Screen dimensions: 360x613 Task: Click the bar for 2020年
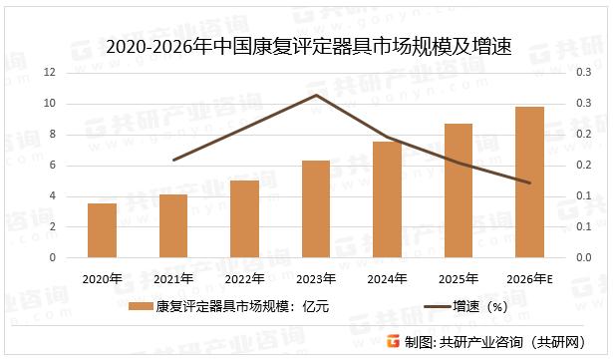[102, 230]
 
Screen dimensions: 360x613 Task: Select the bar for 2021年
[173, 225]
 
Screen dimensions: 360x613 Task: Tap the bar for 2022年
[244, 218]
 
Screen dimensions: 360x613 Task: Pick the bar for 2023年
[316, 208]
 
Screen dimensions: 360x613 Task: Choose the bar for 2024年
[387, 199]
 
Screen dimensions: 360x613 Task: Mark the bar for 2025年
[459, 190]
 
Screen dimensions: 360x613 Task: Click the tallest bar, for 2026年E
[529, 181]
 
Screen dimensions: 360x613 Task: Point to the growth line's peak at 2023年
[316, 95]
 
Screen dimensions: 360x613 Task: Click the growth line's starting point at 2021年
[173, 160]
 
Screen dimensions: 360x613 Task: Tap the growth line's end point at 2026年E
[529, 182]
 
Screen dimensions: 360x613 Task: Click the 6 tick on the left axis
[51, 166]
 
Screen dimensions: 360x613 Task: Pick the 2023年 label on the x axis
[316, 278]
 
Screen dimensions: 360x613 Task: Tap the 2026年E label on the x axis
[529, 278]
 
